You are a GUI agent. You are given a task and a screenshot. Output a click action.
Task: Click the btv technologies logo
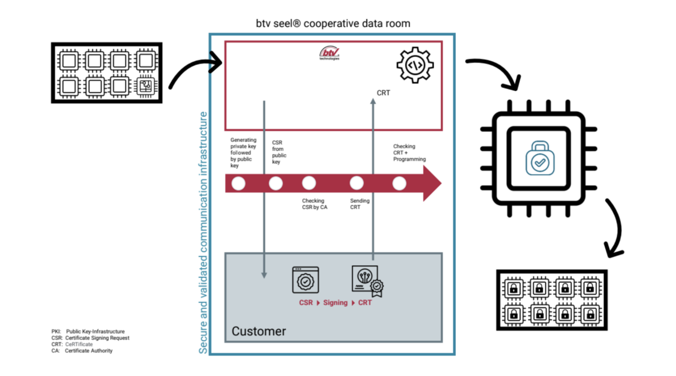330,53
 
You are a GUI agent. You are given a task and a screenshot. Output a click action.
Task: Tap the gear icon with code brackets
415,65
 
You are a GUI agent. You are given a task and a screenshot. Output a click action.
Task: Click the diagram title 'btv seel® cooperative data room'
332,24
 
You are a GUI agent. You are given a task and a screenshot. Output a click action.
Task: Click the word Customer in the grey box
259,331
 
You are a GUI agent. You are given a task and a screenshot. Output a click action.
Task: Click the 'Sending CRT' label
359,204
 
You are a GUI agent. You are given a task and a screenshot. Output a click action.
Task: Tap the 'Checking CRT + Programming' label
409,153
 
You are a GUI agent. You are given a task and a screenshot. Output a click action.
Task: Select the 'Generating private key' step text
243,153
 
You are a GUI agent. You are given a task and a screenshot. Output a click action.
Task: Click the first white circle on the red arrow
238,184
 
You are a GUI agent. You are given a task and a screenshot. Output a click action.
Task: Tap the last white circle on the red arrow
399,184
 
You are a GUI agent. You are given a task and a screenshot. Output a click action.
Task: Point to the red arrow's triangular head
432,184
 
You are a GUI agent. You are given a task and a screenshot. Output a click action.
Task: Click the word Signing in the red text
335,303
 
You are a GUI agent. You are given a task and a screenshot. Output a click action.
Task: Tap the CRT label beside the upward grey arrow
383,93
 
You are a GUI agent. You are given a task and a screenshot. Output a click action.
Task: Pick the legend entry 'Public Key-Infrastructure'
88,332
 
